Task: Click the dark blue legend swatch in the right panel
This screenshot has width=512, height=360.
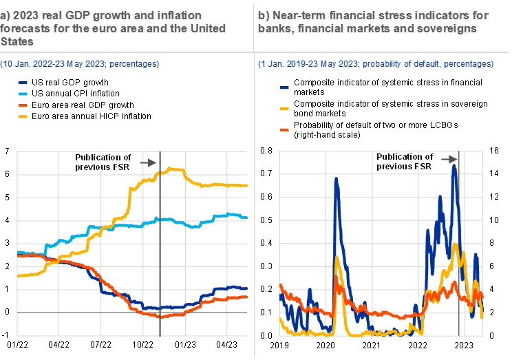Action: [285, 87]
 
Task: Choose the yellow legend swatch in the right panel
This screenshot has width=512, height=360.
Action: [285, 109]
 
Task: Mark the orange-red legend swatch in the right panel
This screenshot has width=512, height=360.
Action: [285, 129]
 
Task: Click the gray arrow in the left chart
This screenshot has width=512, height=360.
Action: [148, 162]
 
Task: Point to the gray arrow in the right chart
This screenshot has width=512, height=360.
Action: [449, 160]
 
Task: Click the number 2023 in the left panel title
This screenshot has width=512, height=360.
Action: [23, 15]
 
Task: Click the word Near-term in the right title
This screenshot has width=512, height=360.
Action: [294, 15]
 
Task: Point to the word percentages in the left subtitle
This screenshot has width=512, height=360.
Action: [134, 64]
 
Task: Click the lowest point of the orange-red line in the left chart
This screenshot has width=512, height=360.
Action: [160, 317]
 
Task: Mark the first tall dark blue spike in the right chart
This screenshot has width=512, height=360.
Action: [337, 179]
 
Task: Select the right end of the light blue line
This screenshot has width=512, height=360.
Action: [247, 218]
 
